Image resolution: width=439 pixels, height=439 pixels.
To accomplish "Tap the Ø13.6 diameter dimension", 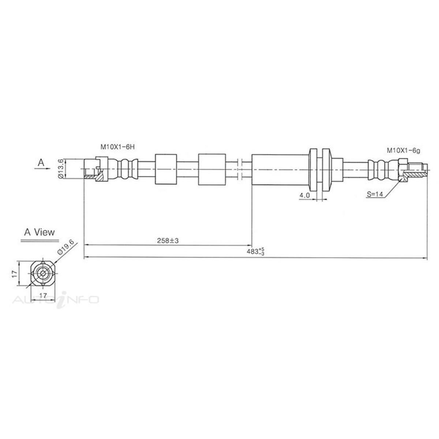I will [x=61, y=169].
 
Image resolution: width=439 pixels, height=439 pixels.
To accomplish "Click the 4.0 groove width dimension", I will [x=304, y=196].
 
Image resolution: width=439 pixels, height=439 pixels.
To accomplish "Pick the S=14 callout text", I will [x=375, y=195].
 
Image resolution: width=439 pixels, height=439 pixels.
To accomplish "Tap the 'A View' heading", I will [x=39, y=232].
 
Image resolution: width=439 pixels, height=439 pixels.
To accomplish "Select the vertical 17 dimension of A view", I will [x=14, y=273].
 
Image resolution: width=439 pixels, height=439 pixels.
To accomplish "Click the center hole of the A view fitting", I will [x=43, y=274].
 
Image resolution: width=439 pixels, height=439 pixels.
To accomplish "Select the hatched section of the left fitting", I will [x=100, y=177].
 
